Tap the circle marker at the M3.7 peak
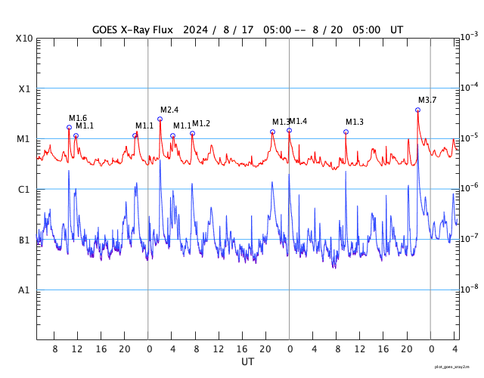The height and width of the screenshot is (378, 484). click(417, 110)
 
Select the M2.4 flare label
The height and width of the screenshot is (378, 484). click(169, 110)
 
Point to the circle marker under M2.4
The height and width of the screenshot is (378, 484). click(160, 119)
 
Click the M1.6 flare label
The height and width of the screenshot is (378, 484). click(78, 119)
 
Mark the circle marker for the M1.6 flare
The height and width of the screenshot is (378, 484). click(69, 128)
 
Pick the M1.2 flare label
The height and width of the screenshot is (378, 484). click(201, 123)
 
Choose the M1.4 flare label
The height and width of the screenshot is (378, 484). click(298, 122)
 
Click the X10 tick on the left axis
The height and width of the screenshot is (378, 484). click(25, 39)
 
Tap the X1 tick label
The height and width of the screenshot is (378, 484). click(24, 89)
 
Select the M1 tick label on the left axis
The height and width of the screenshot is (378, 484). click(23, 139)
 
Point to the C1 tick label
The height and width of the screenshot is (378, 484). click(24, 190)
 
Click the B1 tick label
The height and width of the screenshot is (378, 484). click(24, 240)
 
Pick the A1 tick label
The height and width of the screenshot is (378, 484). click(24, 290)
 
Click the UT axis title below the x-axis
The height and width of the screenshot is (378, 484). click(247, 362)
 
